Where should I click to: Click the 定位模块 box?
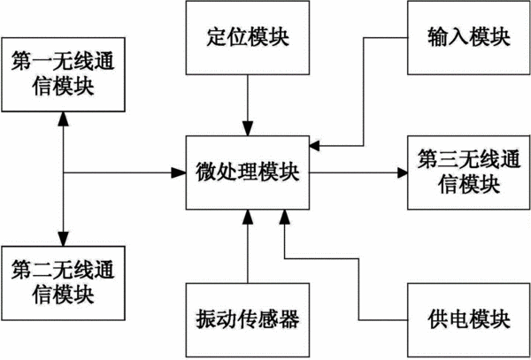point(248,37)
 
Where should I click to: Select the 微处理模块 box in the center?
point(248,172)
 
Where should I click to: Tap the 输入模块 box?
point(469,37)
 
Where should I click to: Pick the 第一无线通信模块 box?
point(64,74)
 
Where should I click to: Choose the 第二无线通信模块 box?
point(64,283)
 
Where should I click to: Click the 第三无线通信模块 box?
point(469,172)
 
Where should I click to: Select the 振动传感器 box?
point(248,320)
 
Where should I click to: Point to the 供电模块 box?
point(469,320)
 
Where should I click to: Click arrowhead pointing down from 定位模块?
point(248,128)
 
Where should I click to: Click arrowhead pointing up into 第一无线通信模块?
point(64,119)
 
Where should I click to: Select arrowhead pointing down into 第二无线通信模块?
point(64,239)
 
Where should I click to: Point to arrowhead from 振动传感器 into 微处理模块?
point(248,217)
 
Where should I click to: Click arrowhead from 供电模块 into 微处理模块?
point(284,217)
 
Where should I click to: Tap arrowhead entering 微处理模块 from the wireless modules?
point(179,172)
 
